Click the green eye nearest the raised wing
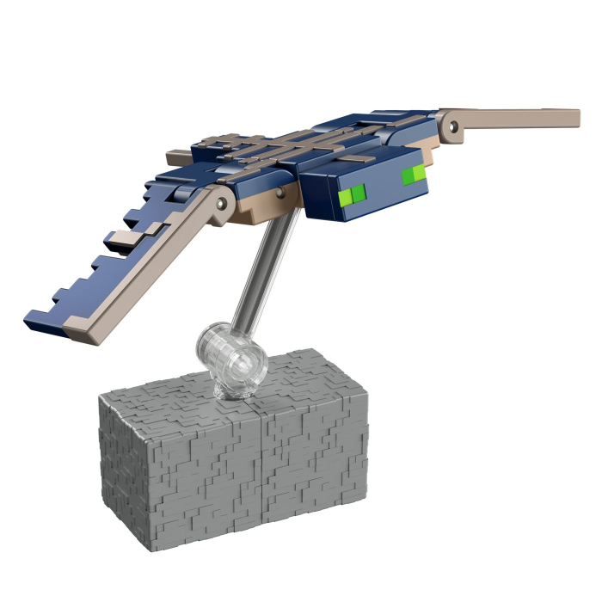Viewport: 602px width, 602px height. click(414, 175)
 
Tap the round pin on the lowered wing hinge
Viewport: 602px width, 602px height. click(223, 203)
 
